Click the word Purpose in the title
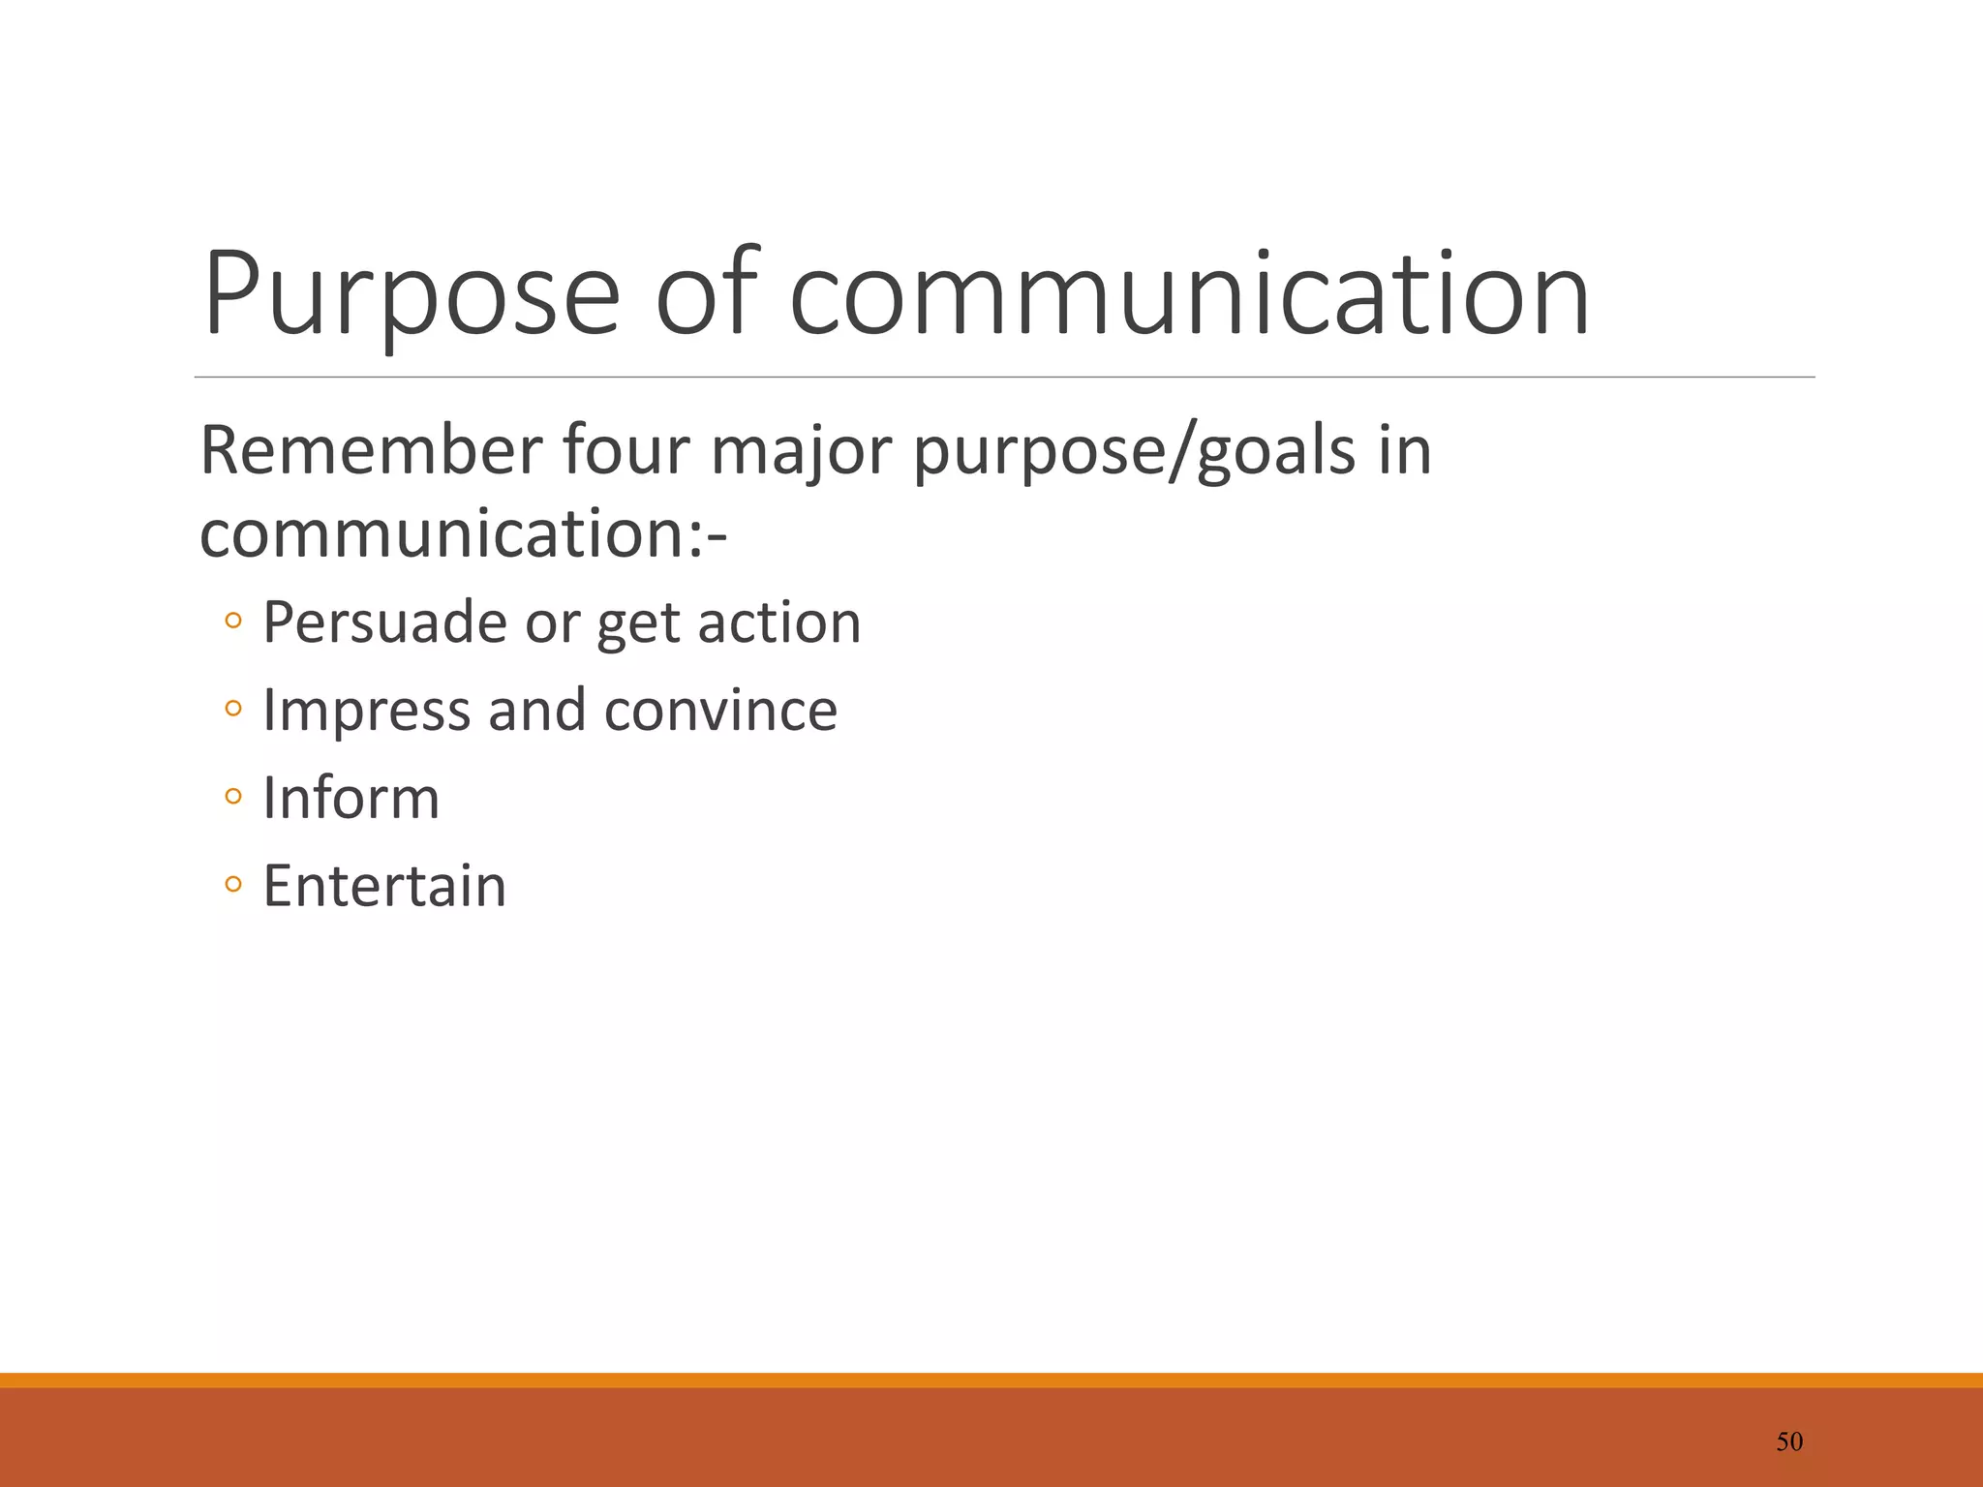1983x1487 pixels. pyautogui.click(x=412, y=295)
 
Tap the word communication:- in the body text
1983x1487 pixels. pyautogui.click(x=463, y=534)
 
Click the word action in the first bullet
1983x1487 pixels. pyautogui.click(x=779, y=622)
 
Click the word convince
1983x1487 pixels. pyautogui.click(x=720, y=711)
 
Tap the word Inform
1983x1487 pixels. pyautogui.click(x=351, y=799)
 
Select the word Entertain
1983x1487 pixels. pyautogui.click(x=384, y=886)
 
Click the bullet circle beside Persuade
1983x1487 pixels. pyautogui.click(x=232, y=621)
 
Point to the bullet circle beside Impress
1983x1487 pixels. pyautogui.click(x=232, y=709)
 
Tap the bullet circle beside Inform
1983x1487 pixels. pyautogui.click(x=232, y=797)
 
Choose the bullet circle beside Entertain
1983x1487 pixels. pyautogui.click(x=232, y=884)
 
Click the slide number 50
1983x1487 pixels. pyautogui.click(x=1789, y=1441)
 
